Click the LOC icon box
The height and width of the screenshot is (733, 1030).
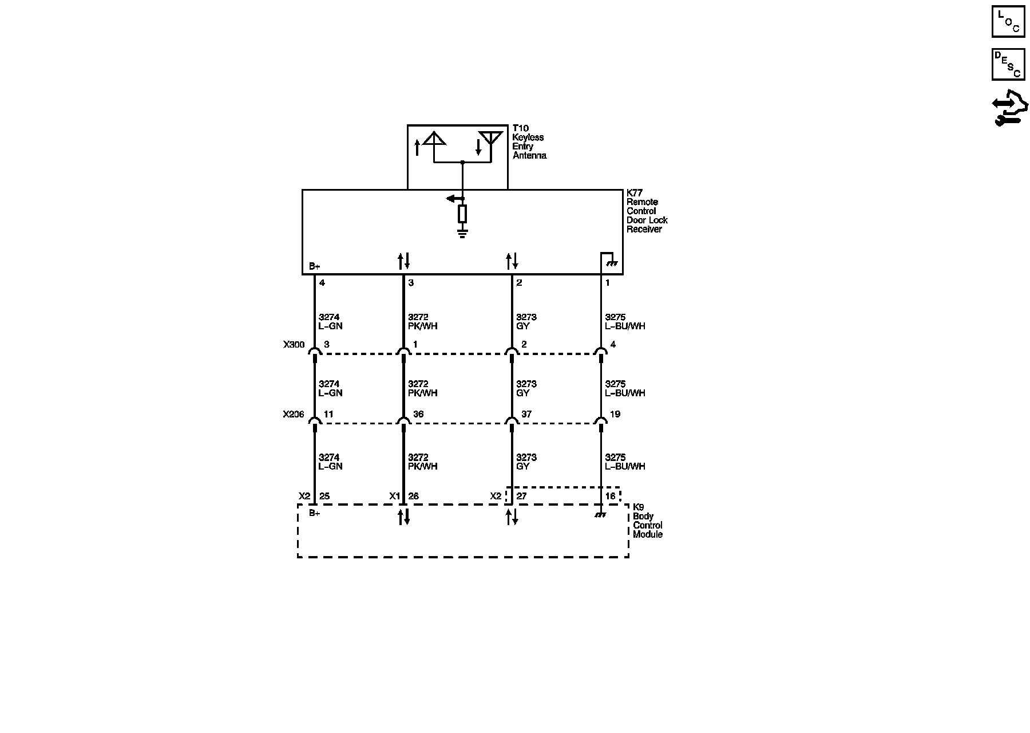tap(1008, 22)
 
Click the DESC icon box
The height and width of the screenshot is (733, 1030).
tap(1008, 64)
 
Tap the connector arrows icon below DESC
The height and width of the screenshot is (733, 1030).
tap(1009, 108)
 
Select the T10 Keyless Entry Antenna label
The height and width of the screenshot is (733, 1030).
tap(529, 142)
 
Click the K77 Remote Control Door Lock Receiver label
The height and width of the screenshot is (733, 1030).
tap(647, 211)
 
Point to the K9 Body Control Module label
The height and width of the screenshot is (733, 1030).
tap(647, 521)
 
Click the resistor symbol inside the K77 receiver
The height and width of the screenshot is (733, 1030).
tap(462, 214)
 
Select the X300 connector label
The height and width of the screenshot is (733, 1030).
tap(294, 345)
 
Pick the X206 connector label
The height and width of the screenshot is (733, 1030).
tap(294, 414)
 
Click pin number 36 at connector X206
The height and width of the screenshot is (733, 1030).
tap(418, 414)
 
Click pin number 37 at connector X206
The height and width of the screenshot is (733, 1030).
tap(526, 414)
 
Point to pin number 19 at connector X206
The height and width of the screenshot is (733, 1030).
tap(615, 414)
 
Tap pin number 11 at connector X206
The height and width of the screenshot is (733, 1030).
tap(328, 414)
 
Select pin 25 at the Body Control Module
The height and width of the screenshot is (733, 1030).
tap(324, 496)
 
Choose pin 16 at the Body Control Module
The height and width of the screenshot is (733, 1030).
tap(611, 496)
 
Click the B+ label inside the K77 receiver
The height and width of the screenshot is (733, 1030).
tap(315, 266)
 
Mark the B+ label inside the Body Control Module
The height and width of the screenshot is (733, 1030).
tap(315, 513)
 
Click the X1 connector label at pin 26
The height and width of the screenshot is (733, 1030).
tap(394, 496)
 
